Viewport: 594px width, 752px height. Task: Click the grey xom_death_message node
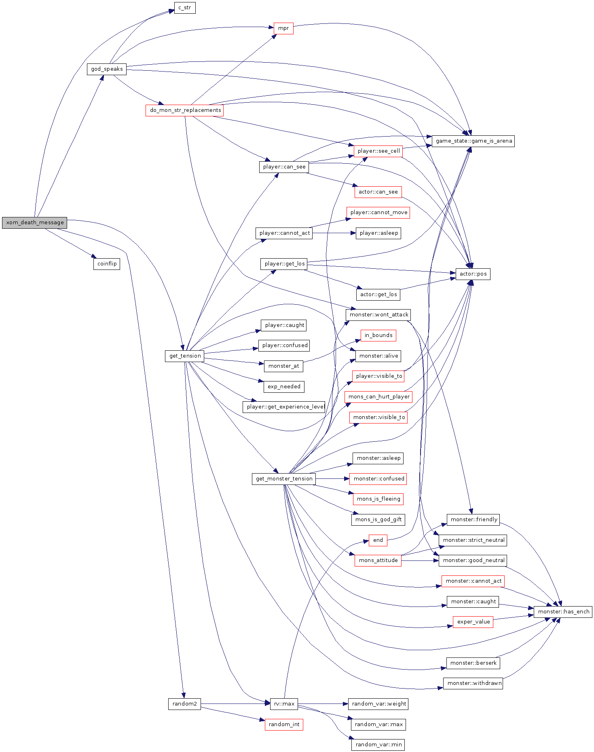coord(34,223)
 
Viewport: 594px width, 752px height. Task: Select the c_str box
coord(185,8)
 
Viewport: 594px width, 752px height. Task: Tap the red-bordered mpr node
coord(283,28)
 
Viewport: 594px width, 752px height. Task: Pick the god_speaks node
coord(107,69)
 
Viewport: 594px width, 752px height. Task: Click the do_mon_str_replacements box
coord(185,110)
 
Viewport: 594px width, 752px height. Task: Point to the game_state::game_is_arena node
coord(473,141)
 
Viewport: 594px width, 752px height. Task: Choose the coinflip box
coord(107,264)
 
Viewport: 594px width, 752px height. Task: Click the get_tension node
coord(185,356)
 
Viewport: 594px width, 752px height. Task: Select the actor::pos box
coord(473,274)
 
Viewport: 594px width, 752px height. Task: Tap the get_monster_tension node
coord(284,479)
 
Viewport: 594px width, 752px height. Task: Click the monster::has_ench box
coord(563,612)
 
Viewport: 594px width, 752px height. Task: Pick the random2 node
coord(184,704)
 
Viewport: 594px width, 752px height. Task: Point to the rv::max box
coord(284,704)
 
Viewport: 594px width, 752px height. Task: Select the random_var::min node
coord(378,745)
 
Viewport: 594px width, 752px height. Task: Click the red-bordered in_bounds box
coord(378,335)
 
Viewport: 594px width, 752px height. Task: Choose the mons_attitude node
coord(378,560)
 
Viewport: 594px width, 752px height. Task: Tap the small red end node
coord(378,540)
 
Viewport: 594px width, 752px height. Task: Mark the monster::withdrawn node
coord(473,683)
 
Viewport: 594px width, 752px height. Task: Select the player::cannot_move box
coord(378,213)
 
